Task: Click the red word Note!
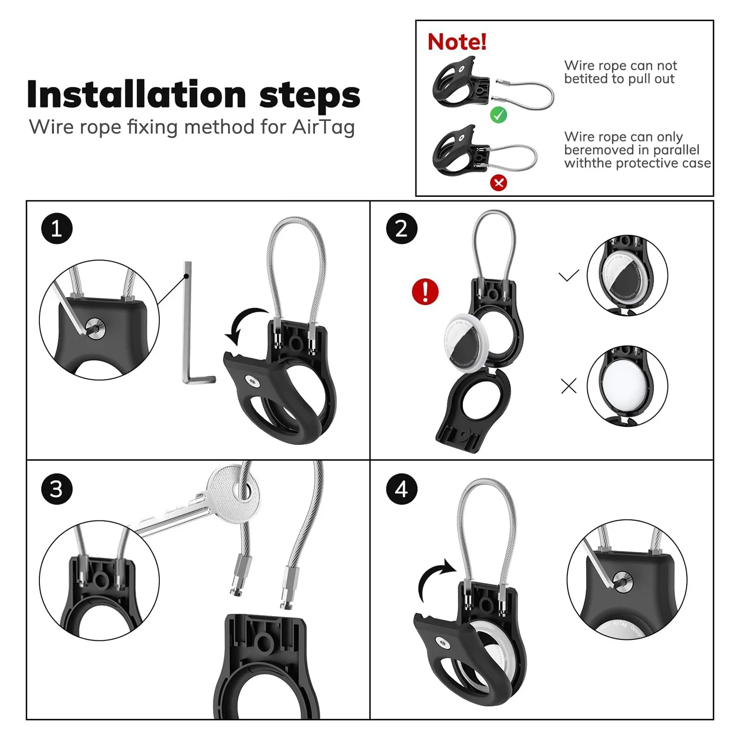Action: click(x=457, y=42)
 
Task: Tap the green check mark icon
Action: click(x=498, y=115)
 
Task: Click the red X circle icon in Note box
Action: click(x=498, y=183)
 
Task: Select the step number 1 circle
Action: click(x=57, y=228)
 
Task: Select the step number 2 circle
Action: click(x=402, y=228)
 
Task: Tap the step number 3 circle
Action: click(x=57, y=489)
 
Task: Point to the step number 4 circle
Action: click(x=402, y=489)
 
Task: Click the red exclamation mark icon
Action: click(x=425, y=291)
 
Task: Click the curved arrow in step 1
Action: click(x=244, y=323)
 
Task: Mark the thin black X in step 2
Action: click(x=569, y=386)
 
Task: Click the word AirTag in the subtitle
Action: click(x=323, y=127)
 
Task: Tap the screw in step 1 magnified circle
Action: click(x=94, y=326)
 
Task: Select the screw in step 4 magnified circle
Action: click(x=621, y=582)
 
